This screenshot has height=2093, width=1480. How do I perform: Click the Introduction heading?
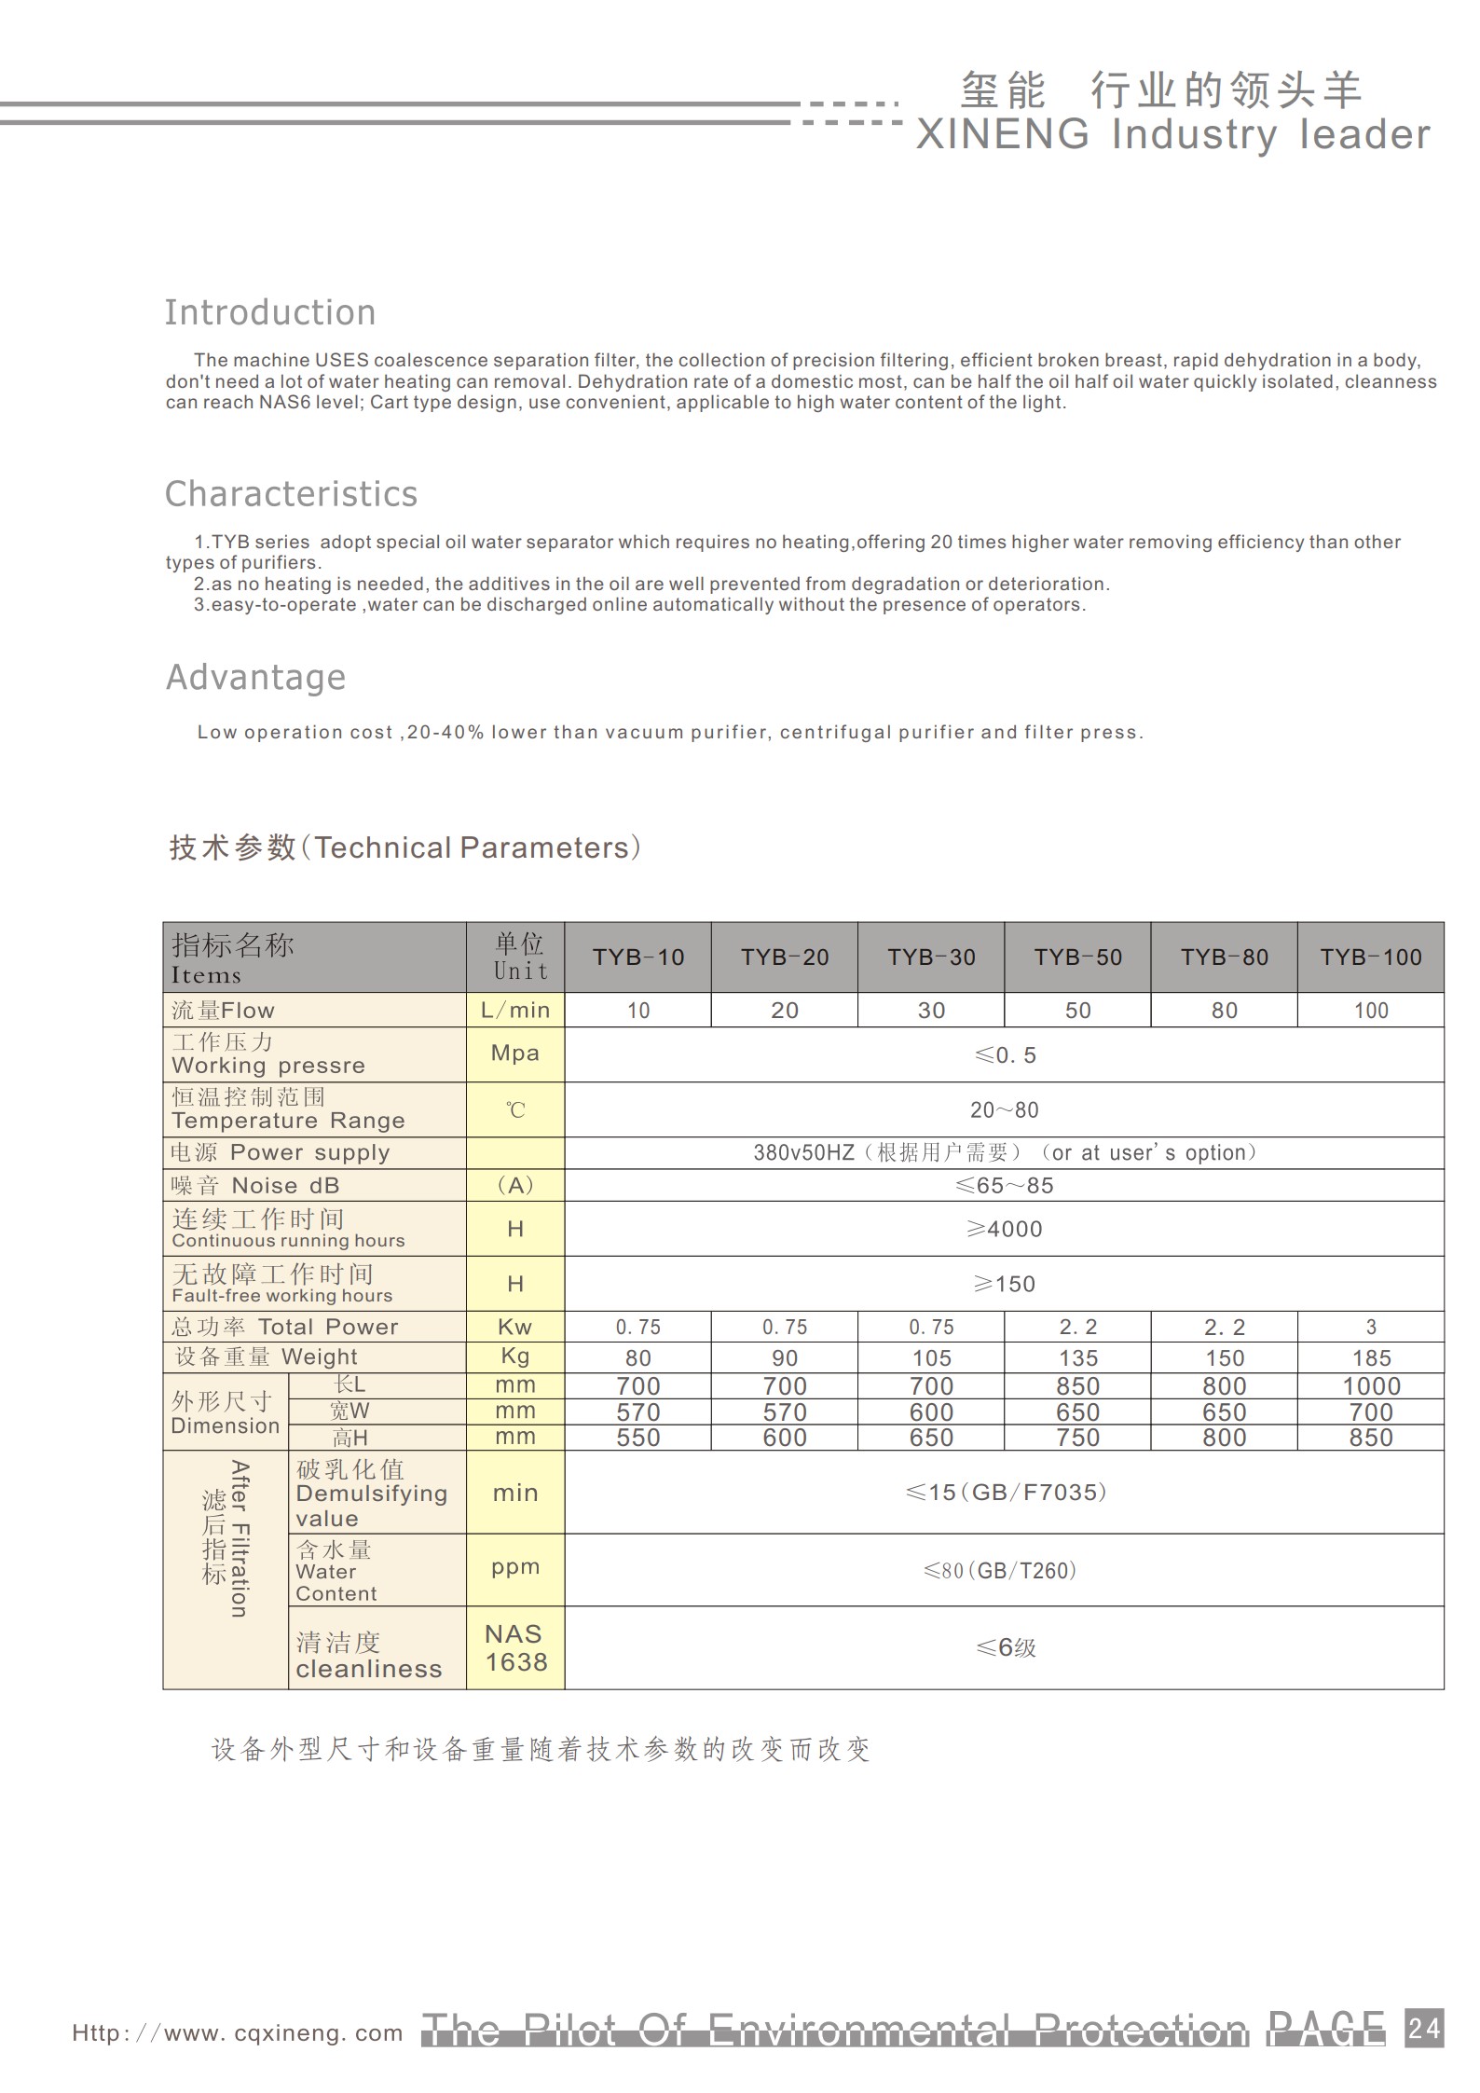coord(270,312)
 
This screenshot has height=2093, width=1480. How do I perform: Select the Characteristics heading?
coord(291,494)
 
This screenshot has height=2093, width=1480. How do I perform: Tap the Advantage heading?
coord(255,677)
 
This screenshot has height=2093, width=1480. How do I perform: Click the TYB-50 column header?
coord(1077,957)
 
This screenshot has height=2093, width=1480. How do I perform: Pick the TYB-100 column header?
coord(1370,957)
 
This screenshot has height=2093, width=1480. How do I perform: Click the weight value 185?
coord(1371,1357)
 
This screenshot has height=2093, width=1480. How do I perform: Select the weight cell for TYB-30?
coord(931,1357)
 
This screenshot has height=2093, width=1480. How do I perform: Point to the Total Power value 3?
coord(1371,1327)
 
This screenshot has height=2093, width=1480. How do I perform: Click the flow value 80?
coord(1224,1011)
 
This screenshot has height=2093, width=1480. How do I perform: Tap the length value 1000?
coord(1371,1386)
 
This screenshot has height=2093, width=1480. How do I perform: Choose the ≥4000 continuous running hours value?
coord(1004,1229)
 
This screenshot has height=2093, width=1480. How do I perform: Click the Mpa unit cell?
coord(514,1053)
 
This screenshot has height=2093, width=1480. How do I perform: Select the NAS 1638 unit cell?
coord(515,1647)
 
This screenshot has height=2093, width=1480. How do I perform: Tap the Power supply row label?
coord(281,1152)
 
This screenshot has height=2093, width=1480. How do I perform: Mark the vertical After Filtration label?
coord(240,1539)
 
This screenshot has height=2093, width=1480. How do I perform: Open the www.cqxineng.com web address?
coord(238,2033)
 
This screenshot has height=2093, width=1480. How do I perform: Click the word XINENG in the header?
coord(1003,135)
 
